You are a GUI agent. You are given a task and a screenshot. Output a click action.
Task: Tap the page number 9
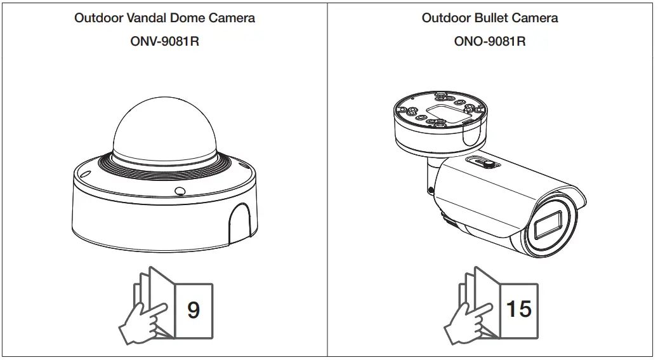click(x=194, y=310)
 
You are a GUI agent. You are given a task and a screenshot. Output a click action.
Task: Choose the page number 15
click(x=518, y=309)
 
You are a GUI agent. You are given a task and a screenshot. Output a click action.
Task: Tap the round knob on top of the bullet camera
click(x=490, y=164)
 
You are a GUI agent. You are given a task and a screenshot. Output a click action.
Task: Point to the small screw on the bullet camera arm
click(x=431, y=189)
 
